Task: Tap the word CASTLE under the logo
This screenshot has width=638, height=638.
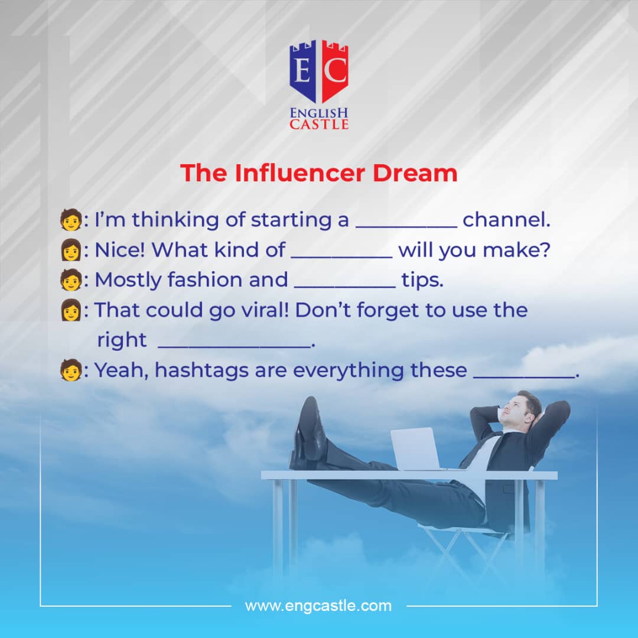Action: (x=319, y=124)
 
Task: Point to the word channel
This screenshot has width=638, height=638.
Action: (x=506, y=220)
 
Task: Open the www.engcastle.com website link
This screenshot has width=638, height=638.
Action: (x=318, y=606)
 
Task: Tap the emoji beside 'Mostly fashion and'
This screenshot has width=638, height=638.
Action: (x=70, y=280)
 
